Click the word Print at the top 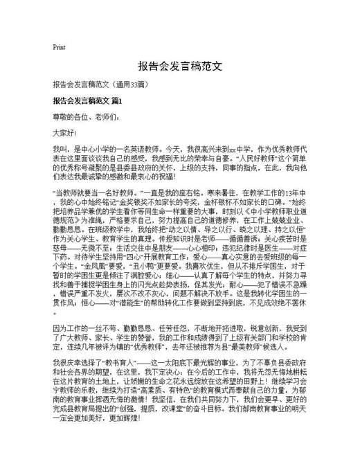(59, 47)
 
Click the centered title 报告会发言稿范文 (179, 67)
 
